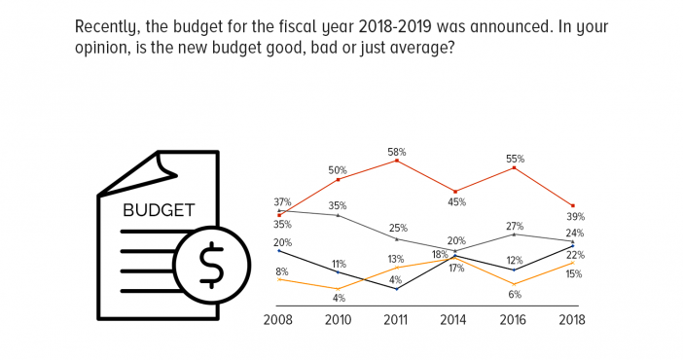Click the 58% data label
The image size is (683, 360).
397,152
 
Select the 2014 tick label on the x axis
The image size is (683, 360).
453,320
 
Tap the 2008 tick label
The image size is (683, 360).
278,320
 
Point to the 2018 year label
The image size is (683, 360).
572,320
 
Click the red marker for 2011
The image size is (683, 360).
397,161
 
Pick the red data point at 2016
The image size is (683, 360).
515,167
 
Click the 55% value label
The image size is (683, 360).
515,159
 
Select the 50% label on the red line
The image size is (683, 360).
338,170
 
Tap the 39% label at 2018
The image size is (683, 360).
575,217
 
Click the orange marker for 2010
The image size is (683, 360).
339,289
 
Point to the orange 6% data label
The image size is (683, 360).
515,295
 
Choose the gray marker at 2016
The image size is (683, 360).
515,234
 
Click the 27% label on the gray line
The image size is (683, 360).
515,226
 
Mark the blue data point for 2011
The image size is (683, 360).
397,289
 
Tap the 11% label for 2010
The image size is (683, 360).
339,264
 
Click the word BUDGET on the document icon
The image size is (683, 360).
159,210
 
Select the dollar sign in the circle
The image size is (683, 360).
212,265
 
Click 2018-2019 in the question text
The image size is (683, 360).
395,27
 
